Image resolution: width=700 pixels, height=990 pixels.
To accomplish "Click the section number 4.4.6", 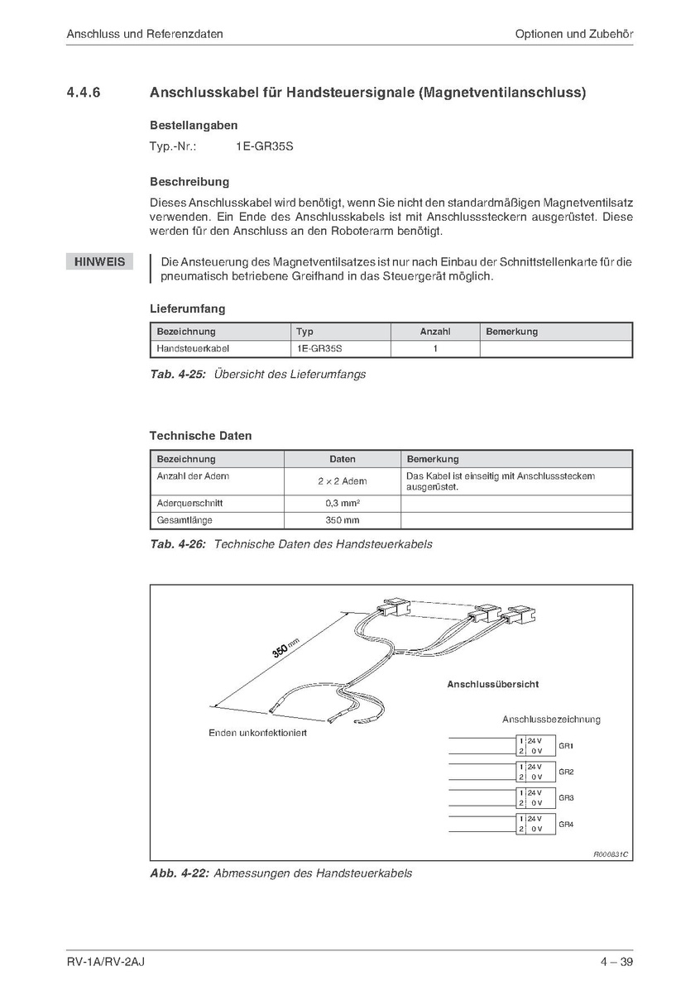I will (x=84, y=93).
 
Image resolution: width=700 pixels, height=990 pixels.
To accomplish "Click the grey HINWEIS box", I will (x=100, y=262).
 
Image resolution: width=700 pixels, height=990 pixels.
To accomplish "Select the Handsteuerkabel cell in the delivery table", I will (x=193, y=349).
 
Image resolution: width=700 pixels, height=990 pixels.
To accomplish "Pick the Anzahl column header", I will (x=435, y=332).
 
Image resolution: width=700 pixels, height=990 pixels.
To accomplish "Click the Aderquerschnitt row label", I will (x=189, y=503).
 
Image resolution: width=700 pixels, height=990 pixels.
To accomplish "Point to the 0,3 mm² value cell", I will (x=343, y=503).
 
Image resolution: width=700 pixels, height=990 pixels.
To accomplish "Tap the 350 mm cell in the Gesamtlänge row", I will (x=343, y=520).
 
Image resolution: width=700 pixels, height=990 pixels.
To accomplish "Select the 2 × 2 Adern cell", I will (x=343, y=481).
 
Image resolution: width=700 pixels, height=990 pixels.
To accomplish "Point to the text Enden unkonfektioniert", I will (x=257, y=734).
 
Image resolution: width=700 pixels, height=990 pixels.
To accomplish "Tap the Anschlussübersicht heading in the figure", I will (x=493, y=685).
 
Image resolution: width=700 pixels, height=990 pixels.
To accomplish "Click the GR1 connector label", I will (x=566, y=746).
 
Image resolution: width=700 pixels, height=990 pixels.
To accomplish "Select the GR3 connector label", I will (x=566, y=798).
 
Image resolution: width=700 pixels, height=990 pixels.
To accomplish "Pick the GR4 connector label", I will (x=566, y=824).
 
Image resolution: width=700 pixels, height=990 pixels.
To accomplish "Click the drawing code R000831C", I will (x=611, y=853).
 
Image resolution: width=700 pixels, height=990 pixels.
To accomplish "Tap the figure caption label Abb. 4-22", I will (x=179, y=873).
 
